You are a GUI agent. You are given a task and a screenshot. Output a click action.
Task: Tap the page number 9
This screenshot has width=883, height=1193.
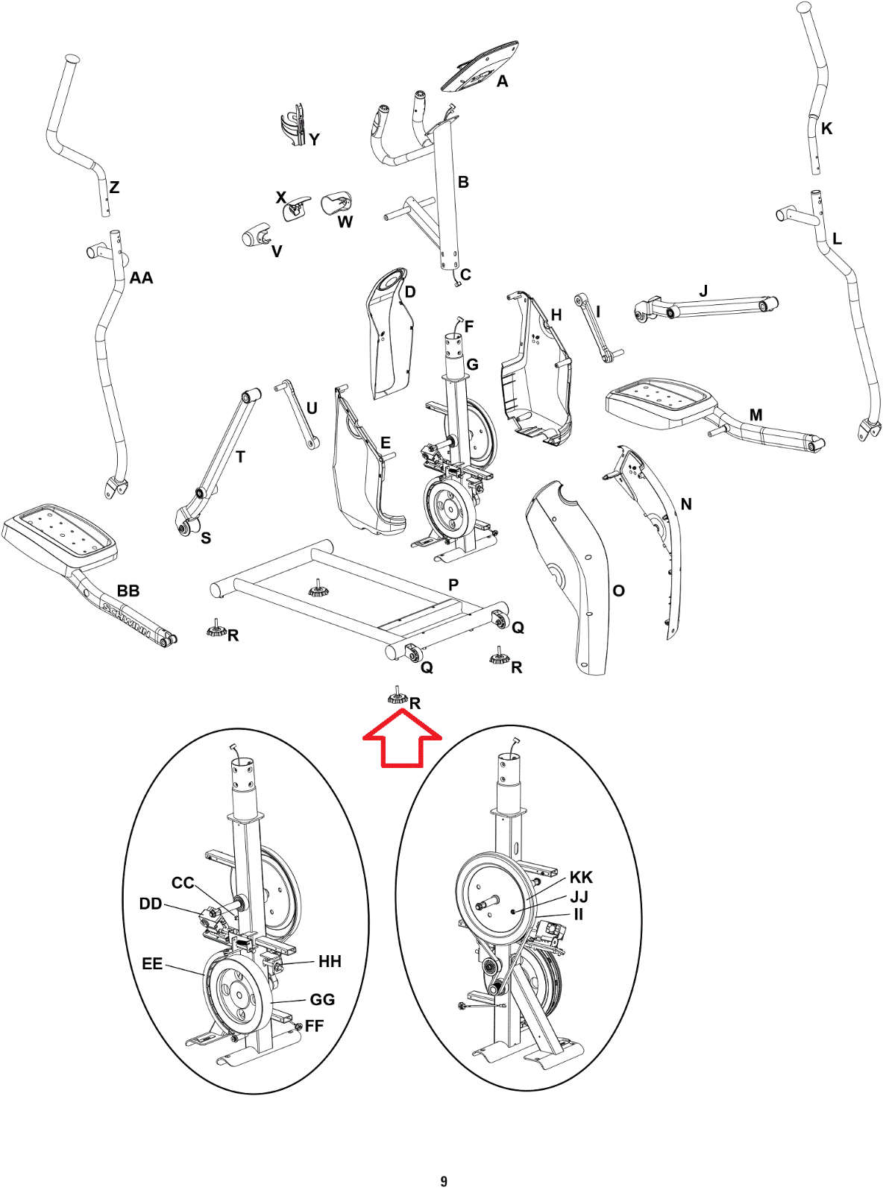444,1181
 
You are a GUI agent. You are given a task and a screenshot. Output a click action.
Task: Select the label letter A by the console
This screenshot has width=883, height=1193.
502,81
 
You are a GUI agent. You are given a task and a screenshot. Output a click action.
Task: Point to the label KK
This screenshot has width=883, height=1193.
581,877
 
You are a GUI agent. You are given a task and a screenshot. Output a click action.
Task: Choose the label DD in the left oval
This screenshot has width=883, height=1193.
151,904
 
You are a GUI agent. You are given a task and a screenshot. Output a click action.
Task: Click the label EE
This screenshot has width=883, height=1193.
152,963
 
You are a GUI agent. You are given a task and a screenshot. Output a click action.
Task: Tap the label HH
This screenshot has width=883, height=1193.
330,962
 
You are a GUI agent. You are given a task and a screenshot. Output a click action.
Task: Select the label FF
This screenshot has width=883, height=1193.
315,1026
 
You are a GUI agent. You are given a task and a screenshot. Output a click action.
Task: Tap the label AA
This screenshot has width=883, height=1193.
141,278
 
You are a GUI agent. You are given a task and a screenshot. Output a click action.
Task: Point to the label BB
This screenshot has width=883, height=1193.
128,591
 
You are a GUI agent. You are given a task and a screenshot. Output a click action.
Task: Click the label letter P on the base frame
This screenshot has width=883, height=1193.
453,585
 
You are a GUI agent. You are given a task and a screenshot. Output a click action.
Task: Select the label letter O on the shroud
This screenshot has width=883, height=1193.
618,591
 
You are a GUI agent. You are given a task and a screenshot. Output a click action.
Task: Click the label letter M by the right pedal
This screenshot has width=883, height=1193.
755,415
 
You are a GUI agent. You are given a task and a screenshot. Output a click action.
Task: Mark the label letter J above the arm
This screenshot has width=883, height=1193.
703,291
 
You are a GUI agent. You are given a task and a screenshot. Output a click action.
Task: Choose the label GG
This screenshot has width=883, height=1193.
322,999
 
